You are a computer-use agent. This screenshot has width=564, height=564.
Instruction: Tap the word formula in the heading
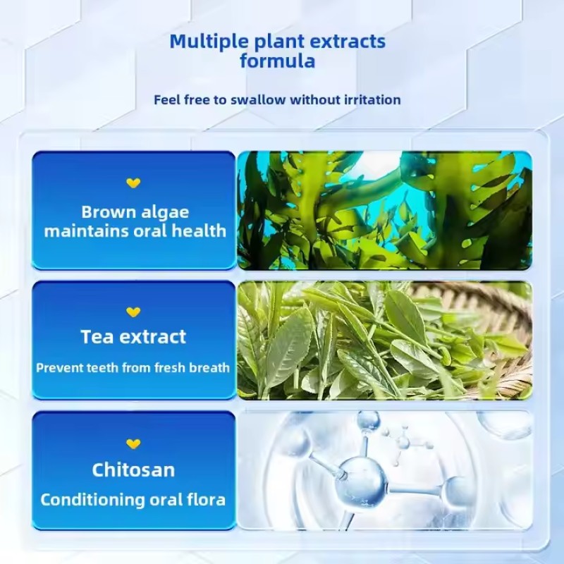277,61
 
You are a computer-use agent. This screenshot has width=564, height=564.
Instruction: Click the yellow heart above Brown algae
133,183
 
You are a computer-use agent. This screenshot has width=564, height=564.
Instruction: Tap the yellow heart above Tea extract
133,312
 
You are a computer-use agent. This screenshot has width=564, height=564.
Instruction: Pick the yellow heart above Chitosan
133,443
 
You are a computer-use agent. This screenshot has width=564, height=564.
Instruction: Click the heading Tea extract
133,337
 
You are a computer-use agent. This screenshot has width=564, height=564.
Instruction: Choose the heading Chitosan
133,470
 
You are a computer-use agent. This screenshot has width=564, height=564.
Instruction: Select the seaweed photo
384,210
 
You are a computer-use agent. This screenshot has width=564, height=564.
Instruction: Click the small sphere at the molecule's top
367,422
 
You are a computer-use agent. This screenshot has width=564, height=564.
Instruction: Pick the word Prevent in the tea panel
58,367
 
